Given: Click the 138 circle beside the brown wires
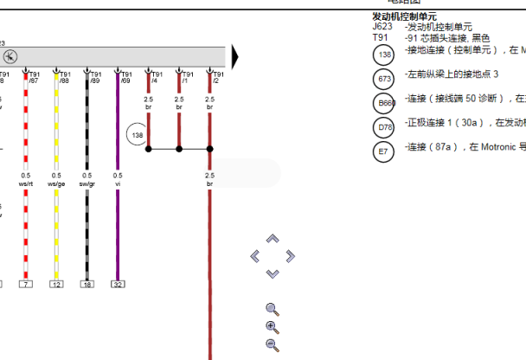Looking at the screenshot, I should [137, 136].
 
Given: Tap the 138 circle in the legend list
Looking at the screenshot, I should [384, 55].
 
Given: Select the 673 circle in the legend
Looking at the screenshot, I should [384, 79].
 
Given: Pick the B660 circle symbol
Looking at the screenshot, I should [384, 104].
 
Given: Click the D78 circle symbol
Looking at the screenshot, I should [384, 128].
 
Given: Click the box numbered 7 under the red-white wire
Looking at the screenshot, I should [26, 284].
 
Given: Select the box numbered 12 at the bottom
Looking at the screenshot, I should [56, 284].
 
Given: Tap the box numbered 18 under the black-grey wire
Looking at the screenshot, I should [87, 284].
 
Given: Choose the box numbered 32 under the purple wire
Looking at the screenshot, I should [118, 284].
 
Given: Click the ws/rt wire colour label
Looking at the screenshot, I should [26, 183].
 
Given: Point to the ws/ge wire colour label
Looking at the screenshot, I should [56, 183].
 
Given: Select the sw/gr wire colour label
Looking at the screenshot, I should [87, 183].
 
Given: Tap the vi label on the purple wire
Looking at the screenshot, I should [118, 183].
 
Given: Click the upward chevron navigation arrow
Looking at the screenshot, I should [273, 239].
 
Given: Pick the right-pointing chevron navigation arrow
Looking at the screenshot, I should [290, 256].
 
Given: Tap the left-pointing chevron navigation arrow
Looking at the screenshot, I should [255, 256].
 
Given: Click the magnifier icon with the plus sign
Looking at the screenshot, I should [273, 327].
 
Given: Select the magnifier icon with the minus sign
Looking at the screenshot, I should [273, 345].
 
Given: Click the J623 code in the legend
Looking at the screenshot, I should [382, 27].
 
